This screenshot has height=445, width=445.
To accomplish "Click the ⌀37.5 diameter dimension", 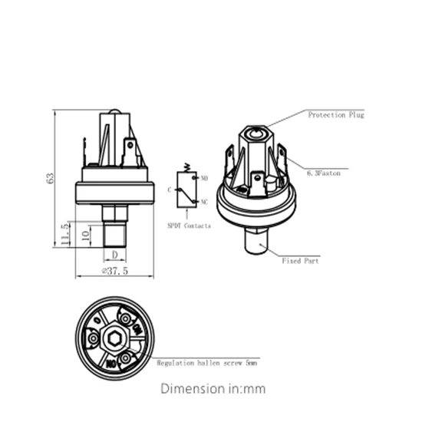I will click(114, 271).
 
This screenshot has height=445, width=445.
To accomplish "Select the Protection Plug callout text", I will click(336, 114).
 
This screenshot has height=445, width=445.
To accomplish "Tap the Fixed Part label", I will click(301, 261).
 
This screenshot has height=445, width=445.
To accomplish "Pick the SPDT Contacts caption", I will click(189, 226).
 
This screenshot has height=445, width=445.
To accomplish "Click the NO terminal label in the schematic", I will click(204, 178).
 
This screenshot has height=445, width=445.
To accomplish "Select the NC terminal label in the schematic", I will click(204, 202).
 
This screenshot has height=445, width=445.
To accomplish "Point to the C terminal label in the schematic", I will click(170, 189).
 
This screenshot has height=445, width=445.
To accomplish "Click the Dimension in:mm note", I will click(213, 389).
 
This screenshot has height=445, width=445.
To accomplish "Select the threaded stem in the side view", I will click(114, 231).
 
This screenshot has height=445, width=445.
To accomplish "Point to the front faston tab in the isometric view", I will click(257, 182).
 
